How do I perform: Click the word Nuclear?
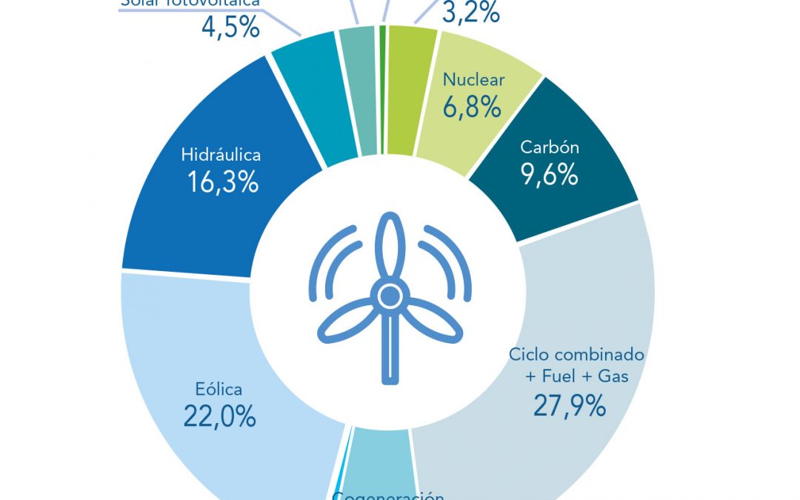[473, 80]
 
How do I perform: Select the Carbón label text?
[550, 147]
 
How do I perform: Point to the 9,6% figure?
[549, 176]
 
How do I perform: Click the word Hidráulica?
[221, 156]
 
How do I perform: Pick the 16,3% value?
[222, 182]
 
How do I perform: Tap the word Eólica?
[219, 389]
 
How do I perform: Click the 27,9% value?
[570, 406]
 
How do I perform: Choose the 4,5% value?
[230, 27]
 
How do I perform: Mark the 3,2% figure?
[470, 12]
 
